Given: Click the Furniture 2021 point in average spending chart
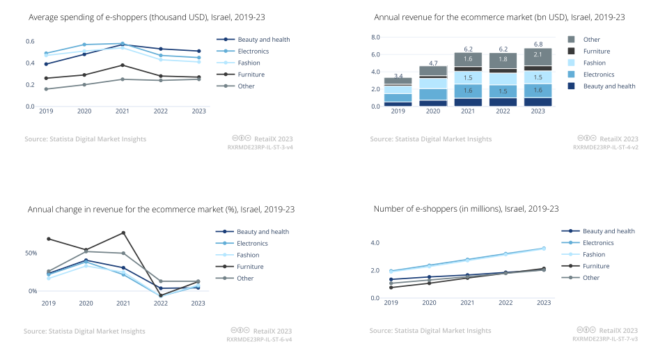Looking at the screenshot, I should pos(123,65).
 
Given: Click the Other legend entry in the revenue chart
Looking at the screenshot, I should pos(592,40).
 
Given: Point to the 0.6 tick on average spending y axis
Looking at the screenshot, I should pos(30,42).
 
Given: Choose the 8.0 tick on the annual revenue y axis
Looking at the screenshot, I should pos(375,37).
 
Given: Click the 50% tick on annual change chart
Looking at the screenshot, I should pos(32,253).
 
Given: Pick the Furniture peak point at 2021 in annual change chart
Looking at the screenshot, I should pos(123,233).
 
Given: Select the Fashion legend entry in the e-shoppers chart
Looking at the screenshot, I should pos(593,254).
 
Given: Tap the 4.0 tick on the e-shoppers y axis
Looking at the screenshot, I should pos(375,243).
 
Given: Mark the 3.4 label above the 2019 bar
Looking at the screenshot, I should pos(398,75).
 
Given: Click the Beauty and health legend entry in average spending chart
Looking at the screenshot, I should pos(263,40).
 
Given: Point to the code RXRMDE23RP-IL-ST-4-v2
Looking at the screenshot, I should pos(605,148).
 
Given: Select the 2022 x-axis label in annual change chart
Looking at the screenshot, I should pos(161,303).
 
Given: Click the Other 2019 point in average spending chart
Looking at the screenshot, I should pos(47,89).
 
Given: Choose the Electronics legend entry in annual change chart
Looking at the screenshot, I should pos(252,244).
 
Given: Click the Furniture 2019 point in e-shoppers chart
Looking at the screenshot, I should pos(391,287).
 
